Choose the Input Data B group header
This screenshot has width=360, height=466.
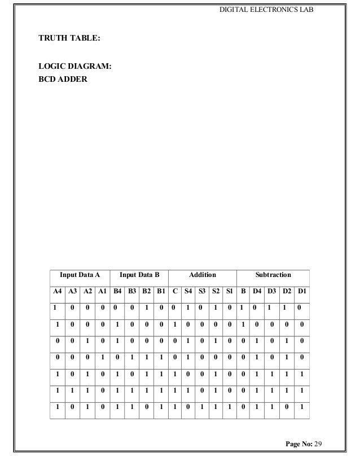pos(140,275)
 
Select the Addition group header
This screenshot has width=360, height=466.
pos(203,275)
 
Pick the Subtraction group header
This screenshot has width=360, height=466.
pos(273,275)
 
